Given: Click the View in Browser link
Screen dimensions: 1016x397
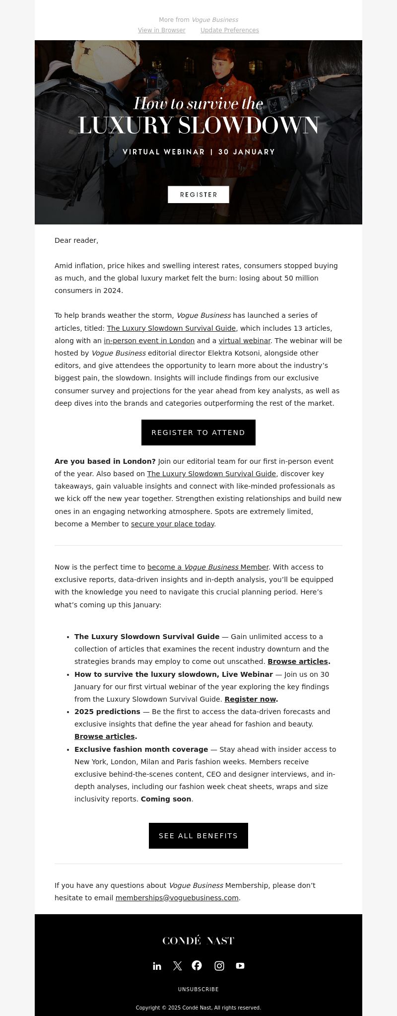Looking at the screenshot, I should tap(161, 30).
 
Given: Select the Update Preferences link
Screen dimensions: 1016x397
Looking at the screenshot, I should tap(229, 30).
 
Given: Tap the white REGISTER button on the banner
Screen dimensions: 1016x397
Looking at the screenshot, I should tap(198, 195).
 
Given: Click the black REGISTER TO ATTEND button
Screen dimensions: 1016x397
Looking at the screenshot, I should tap(198, 433).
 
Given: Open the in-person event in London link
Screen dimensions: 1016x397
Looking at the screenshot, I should tap(149, 341).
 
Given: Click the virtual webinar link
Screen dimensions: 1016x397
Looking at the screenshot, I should tap(245, 341).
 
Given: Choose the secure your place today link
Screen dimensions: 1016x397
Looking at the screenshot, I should tap(173, 524).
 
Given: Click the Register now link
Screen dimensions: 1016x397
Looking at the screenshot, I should tap(250, 699).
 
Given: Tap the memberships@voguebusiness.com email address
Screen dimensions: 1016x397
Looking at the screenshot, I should tap(177, 898).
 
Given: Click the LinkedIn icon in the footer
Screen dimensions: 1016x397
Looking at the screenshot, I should tap(157, 966).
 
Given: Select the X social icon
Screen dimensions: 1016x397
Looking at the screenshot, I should tap(177, 966).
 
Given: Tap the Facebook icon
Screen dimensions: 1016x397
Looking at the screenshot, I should tap(197, 965).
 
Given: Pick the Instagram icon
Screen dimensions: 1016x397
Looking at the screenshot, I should tap(219, 966).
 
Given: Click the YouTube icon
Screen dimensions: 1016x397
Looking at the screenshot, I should tap(240, 966).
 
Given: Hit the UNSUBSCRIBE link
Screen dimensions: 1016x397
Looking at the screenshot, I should tap(198, 989).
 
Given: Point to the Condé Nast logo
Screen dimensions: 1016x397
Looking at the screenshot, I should tap(198, 940).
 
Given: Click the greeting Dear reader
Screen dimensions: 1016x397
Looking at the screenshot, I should tap(76, 240).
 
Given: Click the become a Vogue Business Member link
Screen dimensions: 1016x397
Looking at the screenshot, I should tap(208, 567).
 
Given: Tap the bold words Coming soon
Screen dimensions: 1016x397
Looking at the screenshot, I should tap(166, 799).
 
